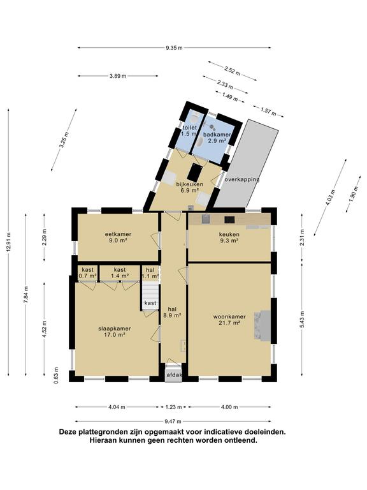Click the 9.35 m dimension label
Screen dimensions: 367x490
coord(174,48)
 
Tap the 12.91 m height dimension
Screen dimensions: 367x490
coord(9,242)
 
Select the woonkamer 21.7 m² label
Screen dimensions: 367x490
coord(229,320)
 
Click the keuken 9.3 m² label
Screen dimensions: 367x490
coord(229,237)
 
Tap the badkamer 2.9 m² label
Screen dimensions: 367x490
coord(217,138)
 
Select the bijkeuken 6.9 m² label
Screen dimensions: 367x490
coord(189,187)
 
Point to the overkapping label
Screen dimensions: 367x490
coord(242,180)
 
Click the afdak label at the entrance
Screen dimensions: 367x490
coord(174,375)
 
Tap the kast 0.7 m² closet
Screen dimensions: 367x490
coord(87,273)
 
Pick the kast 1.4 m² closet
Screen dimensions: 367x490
coord(120,273)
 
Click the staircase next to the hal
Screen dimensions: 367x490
coord(150,296)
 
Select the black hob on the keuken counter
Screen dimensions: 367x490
coord(229,219)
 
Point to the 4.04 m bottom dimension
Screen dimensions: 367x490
coord(117,407)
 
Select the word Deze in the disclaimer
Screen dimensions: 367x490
coord(68,432)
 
